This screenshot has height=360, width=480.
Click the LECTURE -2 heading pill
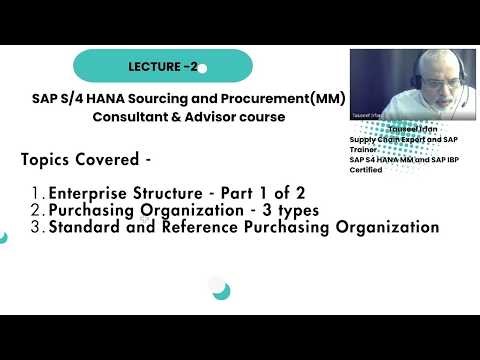(162, 66)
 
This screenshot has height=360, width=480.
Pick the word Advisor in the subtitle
(207, 117)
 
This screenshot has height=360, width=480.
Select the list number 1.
(37, 192)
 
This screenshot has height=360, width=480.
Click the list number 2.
(37, 210)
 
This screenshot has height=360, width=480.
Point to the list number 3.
(37, 227)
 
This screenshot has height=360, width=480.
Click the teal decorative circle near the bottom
(221, 291)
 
